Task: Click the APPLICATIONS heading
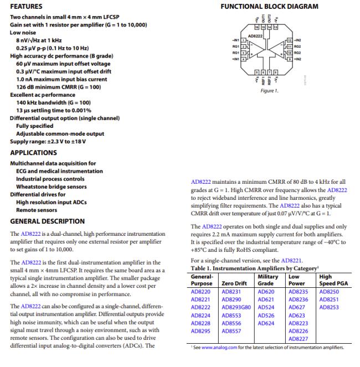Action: (33, 152)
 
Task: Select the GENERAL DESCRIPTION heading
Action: (47, 221)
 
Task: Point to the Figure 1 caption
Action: (269, 91)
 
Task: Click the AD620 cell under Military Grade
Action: (266, 290)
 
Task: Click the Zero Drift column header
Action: (234, 283)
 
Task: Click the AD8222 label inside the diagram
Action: (255, 35)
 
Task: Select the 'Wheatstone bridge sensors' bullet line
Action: (49, 187)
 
